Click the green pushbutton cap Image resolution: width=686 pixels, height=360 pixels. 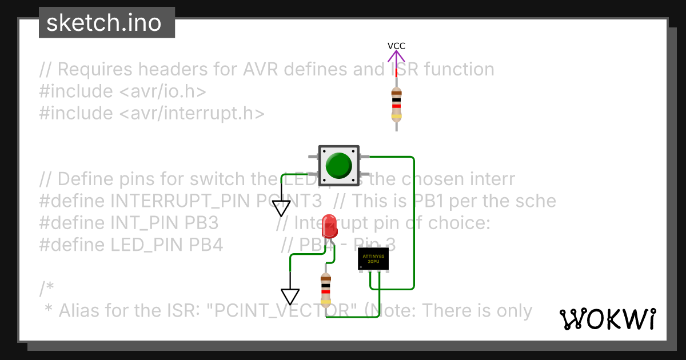[339, 165]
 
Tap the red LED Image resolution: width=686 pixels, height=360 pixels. [329, 227]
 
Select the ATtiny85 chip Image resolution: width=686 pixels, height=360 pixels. [373, 259]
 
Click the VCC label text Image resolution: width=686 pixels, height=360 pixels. [396, 46]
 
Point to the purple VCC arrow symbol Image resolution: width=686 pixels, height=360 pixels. [396, 57]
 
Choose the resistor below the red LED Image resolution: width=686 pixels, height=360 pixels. [325, 290]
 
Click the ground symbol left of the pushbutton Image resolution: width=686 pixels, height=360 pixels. [282, 207]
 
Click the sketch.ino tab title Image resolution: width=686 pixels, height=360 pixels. [103, 23]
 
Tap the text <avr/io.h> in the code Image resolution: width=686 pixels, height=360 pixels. [163, 91]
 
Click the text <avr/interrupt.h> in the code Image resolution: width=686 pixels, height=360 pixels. [192, 113]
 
